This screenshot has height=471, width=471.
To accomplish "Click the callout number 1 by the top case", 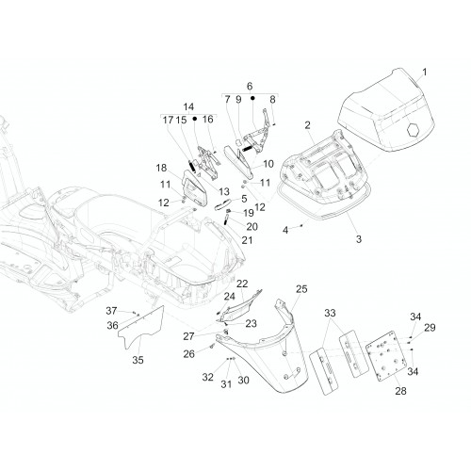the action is pos(425,73).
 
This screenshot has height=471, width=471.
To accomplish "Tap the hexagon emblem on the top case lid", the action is pos(413,130).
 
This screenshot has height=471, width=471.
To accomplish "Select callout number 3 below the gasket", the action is pos(359,239).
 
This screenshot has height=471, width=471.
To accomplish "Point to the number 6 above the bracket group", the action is pos(250,86).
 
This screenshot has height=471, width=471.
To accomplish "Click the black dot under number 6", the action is pos(252,98).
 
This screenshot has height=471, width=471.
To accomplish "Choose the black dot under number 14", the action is pos(195,119).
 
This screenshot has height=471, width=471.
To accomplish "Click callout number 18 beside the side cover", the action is pos(161,168).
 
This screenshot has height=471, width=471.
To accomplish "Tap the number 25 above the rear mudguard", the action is pos(301,289).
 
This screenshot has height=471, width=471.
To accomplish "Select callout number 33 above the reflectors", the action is pos(330,313).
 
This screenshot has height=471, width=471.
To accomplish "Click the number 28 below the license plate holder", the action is pos(400,391).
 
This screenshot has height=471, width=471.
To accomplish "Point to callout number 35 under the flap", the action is pos(138,360).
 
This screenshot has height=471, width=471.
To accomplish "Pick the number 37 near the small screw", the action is pos(111,311).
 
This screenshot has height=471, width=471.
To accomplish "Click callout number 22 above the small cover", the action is pos(242,284).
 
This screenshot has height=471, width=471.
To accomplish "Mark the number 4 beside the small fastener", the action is pos(285,230).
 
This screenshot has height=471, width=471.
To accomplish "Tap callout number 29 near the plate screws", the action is pos(430,328).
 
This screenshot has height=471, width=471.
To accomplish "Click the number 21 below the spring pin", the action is pos(247,240).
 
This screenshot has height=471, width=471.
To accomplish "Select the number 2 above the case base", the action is pos(307,125).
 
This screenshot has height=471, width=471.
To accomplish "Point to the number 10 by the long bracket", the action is pos(268,164).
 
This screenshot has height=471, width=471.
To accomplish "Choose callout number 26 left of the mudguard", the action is pos(189,354).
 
